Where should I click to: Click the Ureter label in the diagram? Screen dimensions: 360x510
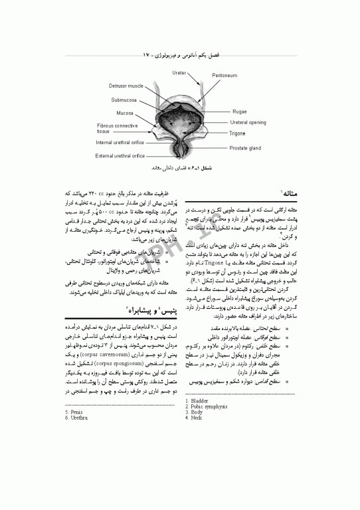point(179,72)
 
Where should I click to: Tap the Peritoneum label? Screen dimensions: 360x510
point(224,75)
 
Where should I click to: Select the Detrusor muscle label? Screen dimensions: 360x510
point(126,86)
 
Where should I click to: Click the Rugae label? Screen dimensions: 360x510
point(240,112)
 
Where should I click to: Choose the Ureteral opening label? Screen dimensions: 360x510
point(248,122)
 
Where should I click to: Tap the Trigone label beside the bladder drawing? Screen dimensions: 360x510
point(237,133)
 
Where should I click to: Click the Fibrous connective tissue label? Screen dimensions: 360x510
point(117,128)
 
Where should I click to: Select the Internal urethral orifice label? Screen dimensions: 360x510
point(120,142)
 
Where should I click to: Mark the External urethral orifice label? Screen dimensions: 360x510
point(120,155)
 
